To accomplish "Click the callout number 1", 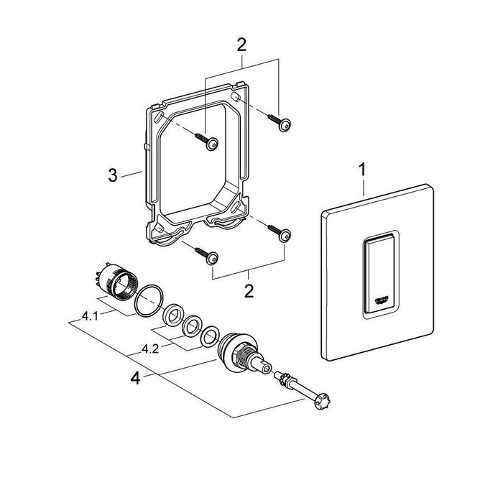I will (x=364, y=172).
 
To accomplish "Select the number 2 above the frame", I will (x=241, y=45).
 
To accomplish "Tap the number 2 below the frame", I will (x=249, y=291).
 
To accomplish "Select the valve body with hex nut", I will (x=241, y=351).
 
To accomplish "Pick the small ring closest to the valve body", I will (x=212, y=335).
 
